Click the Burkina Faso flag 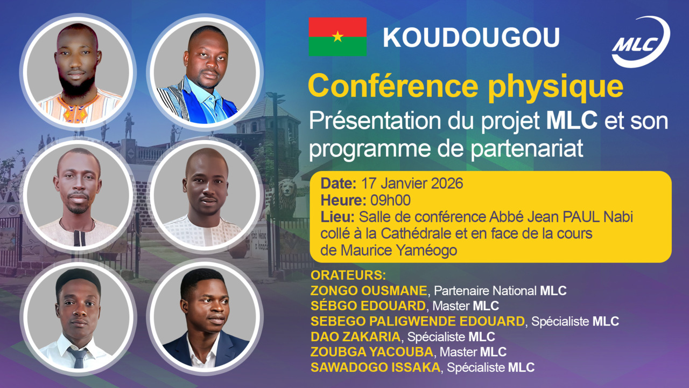[338, 36]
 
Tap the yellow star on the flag [338, 37]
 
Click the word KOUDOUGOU [471, 38]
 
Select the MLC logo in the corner [641, 41]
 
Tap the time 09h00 [390, 200]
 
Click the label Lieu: [337, 217]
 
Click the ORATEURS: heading [348, 275]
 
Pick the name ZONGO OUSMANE [369, 291]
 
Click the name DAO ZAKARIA [355, 337]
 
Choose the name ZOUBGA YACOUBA [372, 352]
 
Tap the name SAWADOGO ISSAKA [375, 368]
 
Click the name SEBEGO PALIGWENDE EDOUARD [417, 322]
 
